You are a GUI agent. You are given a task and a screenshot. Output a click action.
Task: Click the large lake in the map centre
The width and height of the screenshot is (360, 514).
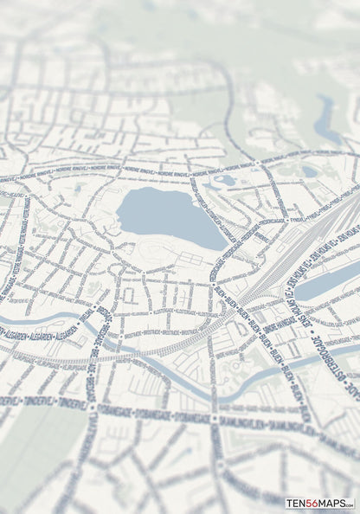(169, 216)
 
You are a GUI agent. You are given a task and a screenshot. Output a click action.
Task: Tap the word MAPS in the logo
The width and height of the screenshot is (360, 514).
(337, 503)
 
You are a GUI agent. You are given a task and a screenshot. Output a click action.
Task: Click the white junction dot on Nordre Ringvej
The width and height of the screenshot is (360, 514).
(257, 162)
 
